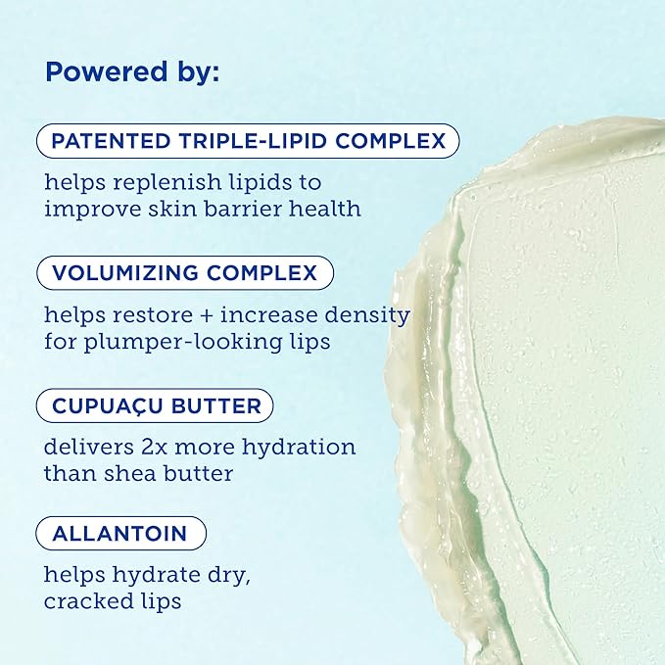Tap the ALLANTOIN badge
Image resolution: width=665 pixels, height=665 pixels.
[121, 534]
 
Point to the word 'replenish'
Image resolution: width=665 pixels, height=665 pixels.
[152, 183]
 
